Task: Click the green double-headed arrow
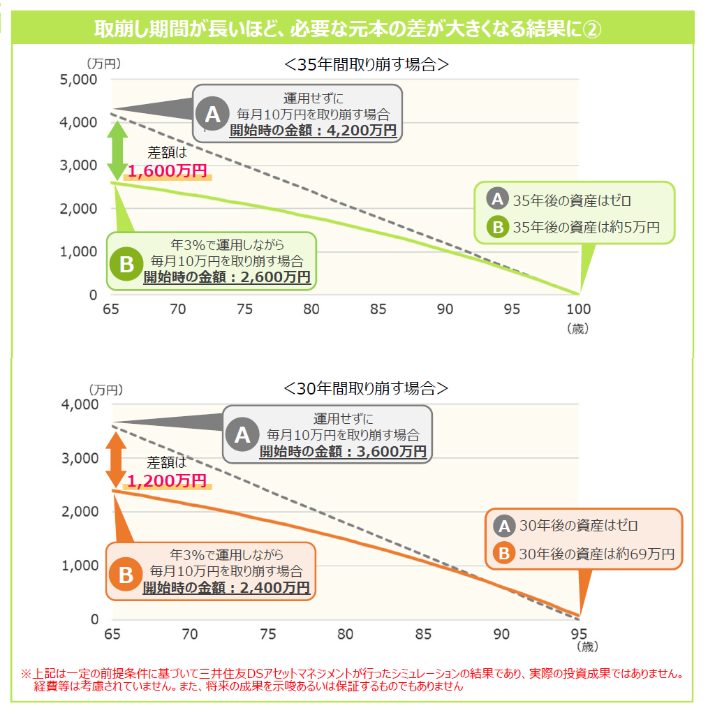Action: (x=117, y=152)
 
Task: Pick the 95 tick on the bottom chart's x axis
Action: (x=578, y=634)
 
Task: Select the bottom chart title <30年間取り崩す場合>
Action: (x=367, y=388)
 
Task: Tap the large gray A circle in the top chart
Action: (x=212, y=113)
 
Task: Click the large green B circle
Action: (x=126, y=265)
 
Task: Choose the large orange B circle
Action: (x=126, y=575)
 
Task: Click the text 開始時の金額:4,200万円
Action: (x=313, y=130)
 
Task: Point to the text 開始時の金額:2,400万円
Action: (x=226, y=588)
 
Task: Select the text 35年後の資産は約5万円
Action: (x=586, y=227)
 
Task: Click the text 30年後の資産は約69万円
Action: (x=597, y=554)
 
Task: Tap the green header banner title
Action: (x=348, y=29)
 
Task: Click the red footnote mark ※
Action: (x=26, y=675)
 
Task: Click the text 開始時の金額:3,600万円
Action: (x=343, y=452)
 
